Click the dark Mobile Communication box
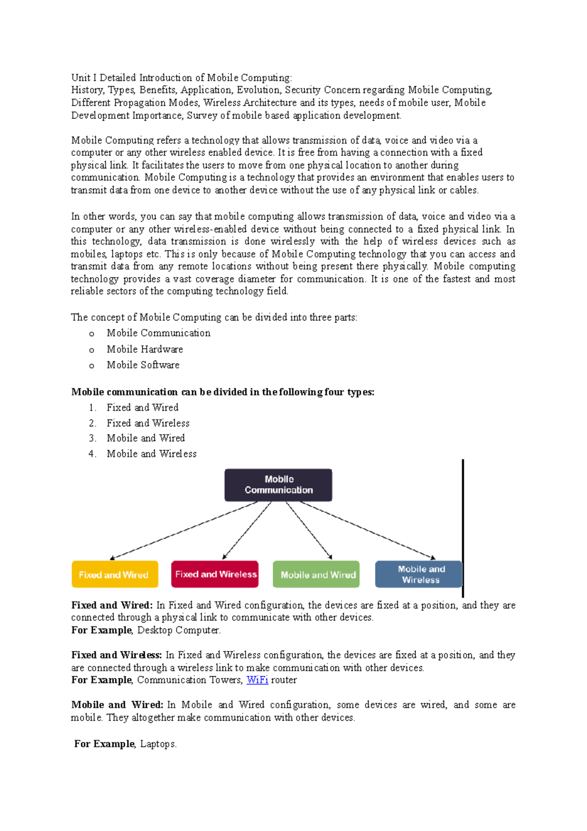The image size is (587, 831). (x=278, y=485)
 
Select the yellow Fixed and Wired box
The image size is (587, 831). (x=115, y=575)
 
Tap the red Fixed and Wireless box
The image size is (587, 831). (x=215, y=574)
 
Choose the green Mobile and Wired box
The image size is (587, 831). (x=316, y=575)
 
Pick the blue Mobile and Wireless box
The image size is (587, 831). (x=419, y=574)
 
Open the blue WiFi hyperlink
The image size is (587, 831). (x=257, y=680)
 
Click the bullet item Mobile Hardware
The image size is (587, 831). (x=145, y=349)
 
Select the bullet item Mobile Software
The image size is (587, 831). (x=143, y=365)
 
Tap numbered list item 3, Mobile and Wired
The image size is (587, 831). (x=146, y=438)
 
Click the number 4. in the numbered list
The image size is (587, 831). (x=92, y=454)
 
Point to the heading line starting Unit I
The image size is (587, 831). (x=181, y=78)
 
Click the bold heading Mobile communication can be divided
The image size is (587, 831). (x=223, y=392)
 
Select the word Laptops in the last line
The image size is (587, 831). (x=158, y=744)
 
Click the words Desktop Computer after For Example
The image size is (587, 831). (x=179, y=630)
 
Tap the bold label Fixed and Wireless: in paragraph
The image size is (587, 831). (x=116, y=655)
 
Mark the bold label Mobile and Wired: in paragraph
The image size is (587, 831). (x=117, y=705)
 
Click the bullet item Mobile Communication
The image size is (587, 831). (x=158, y=333)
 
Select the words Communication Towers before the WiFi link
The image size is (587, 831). (x=189, y=680)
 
